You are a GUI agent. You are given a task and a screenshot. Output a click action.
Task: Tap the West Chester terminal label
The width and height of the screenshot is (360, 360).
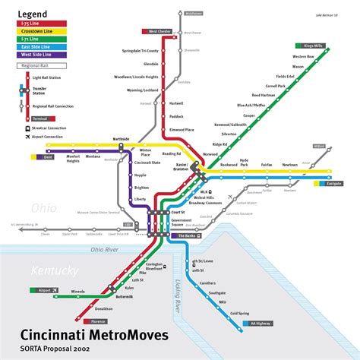159,31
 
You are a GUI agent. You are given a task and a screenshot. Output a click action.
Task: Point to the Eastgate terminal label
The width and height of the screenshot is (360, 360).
333,183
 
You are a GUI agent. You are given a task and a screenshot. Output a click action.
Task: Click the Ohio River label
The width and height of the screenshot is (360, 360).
106,249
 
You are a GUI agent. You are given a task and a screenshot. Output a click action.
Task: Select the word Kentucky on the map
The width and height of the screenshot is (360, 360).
53,270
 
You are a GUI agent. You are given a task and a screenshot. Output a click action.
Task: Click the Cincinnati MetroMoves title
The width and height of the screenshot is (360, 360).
94,335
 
